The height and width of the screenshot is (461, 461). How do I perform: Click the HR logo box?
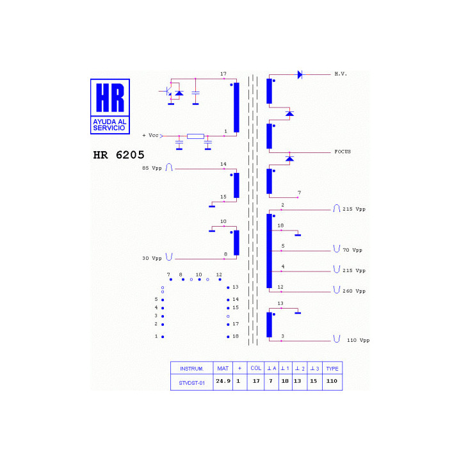point(110,106)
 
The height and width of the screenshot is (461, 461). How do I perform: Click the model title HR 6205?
point(119,155)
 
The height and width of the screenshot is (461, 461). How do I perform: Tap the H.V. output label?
point(341,74)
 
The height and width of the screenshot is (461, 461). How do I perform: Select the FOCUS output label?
point(343,152)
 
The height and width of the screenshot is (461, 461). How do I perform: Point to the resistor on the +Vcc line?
point(195,136)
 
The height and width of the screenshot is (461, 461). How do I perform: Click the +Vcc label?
point(150,136)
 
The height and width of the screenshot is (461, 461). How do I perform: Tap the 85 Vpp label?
point(152,168)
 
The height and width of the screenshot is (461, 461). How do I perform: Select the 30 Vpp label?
point(152,259)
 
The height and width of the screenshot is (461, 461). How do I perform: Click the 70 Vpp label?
point(352,250)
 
